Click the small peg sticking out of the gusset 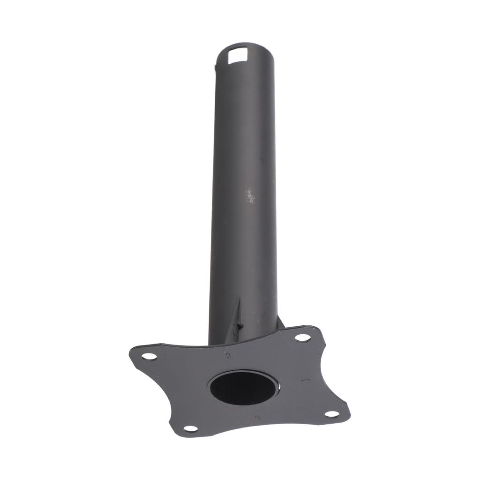pyautogui.click(x=240, y=323)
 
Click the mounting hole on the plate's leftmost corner pyautogui.click(x=149, y=356)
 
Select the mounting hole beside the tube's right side pyautogui.click(x=302, y=337)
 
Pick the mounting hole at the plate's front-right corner pyautogui.click(x=331, y=414)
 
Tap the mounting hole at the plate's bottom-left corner pyautogui.click(x=190, y=428)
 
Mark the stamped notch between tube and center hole pyautogui.click(x=228, y=355)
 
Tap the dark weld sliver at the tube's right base pyautogui.click(x=281, y=322)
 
